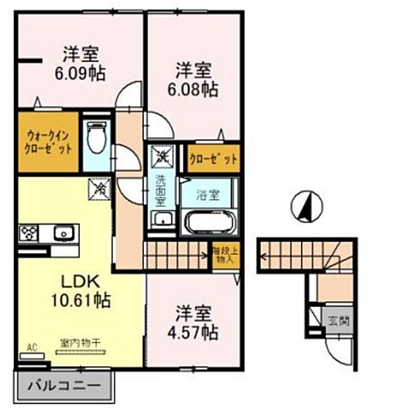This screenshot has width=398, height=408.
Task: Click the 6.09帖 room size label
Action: point(81,72)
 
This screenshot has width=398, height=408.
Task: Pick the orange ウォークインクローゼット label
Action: point(42,140)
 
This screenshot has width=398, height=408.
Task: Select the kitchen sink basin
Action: point(62,233)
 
